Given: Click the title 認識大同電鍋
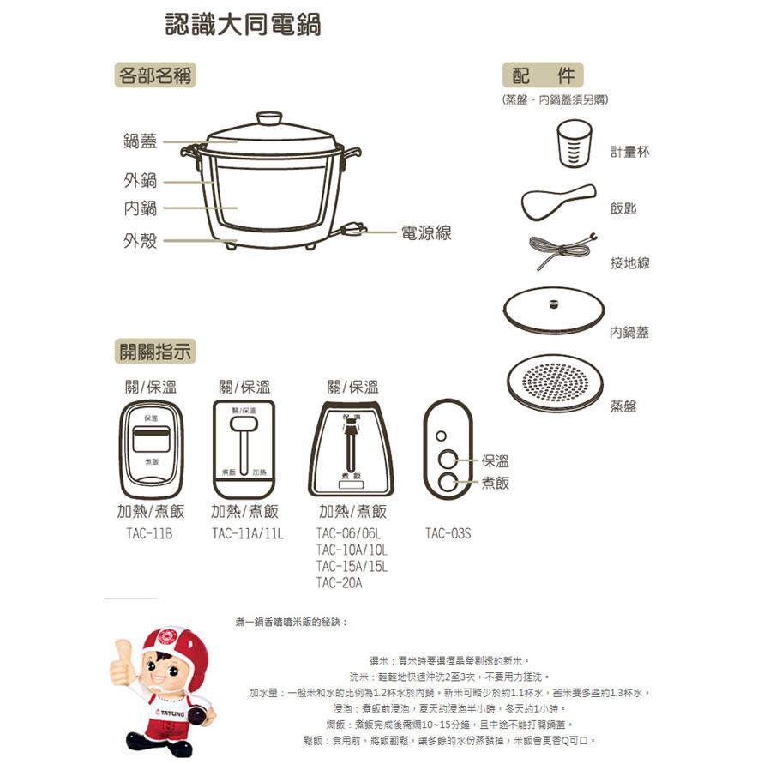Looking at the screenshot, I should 243,25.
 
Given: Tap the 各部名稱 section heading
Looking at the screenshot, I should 155,75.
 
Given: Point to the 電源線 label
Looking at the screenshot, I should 426,232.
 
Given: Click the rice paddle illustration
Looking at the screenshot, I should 557,201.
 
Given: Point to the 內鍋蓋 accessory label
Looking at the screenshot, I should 629,333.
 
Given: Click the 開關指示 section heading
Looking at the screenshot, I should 155,352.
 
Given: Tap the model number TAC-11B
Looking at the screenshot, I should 149,533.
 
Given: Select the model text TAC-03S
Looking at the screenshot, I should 448,533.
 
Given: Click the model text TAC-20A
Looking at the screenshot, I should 340,583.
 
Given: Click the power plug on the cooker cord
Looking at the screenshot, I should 352,230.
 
